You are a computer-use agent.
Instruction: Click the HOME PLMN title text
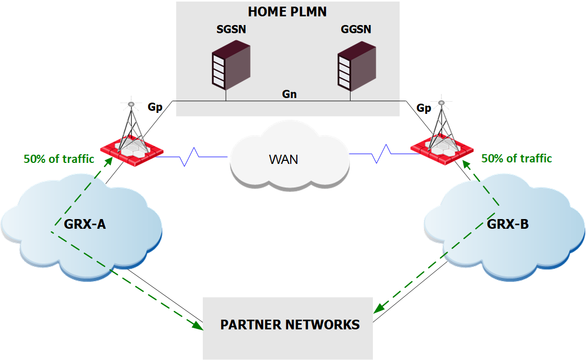[x=287, y=12]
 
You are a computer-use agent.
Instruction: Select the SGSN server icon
[x=231, y=66]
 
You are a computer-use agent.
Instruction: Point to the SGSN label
[x=231, y=30]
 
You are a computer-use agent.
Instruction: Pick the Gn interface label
[x=289, y=94]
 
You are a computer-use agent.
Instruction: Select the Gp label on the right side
[x=424, y=108]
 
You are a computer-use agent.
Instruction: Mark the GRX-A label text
[x=85, y=223]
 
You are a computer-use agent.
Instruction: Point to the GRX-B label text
[x=508, y=223]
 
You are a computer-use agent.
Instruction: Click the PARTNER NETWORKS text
[x=290, y=325]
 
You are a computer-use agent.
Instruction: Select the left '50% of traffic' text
[x=59, y=159]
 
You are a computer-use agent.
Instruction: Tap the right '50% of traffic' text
[x=517, y=158]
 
